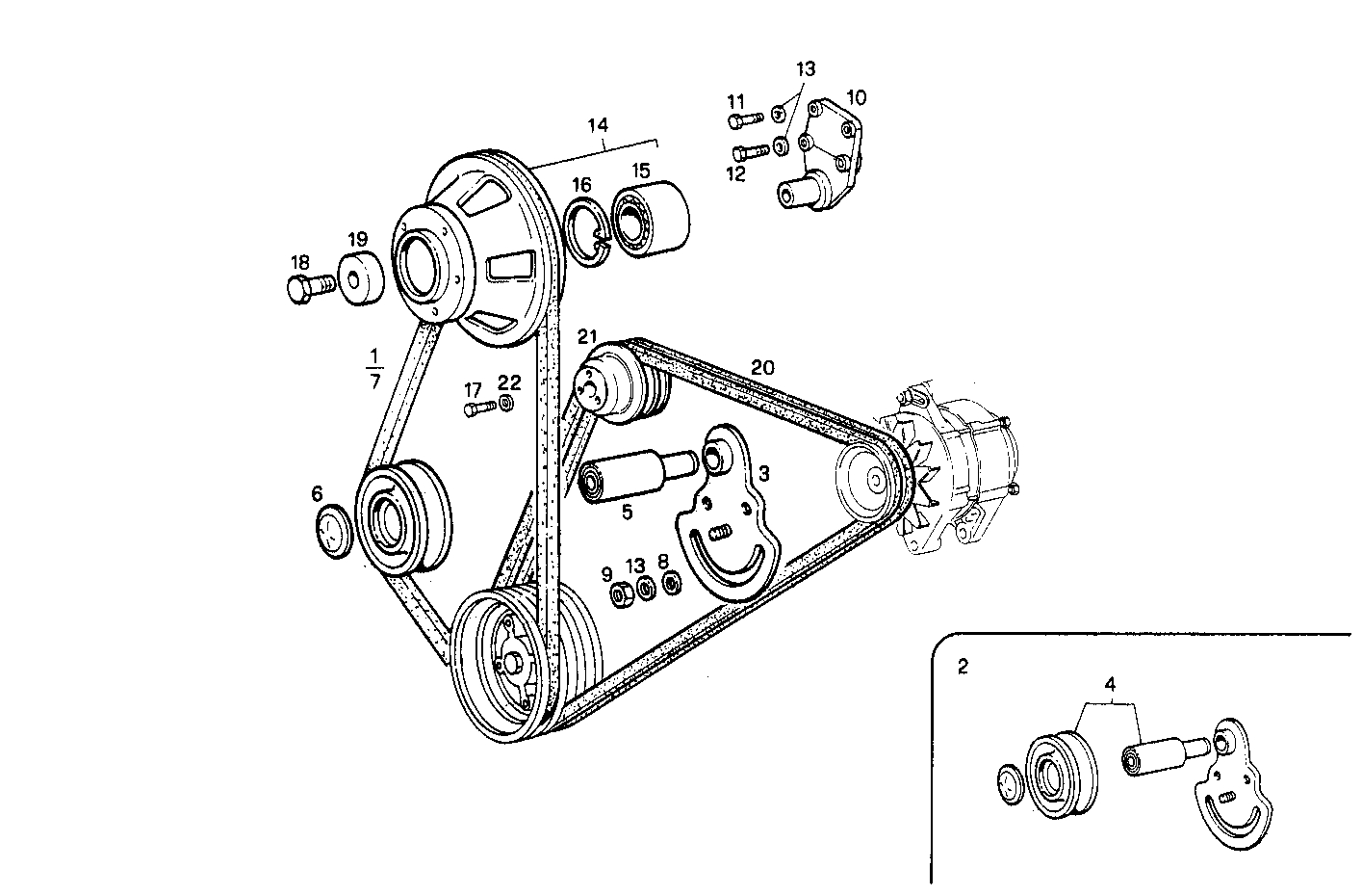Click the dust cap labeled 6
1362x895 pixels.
[333, 530]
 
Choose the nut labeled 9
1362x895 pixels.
[621, 594]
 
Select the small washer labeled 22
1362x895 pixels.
[505, 403]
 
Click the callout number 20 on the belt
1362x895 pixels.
[762, 367]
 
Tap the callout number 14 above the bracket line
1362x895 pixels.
[598, 124]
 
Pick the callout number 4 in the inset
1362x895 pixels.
[1110, 685]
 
